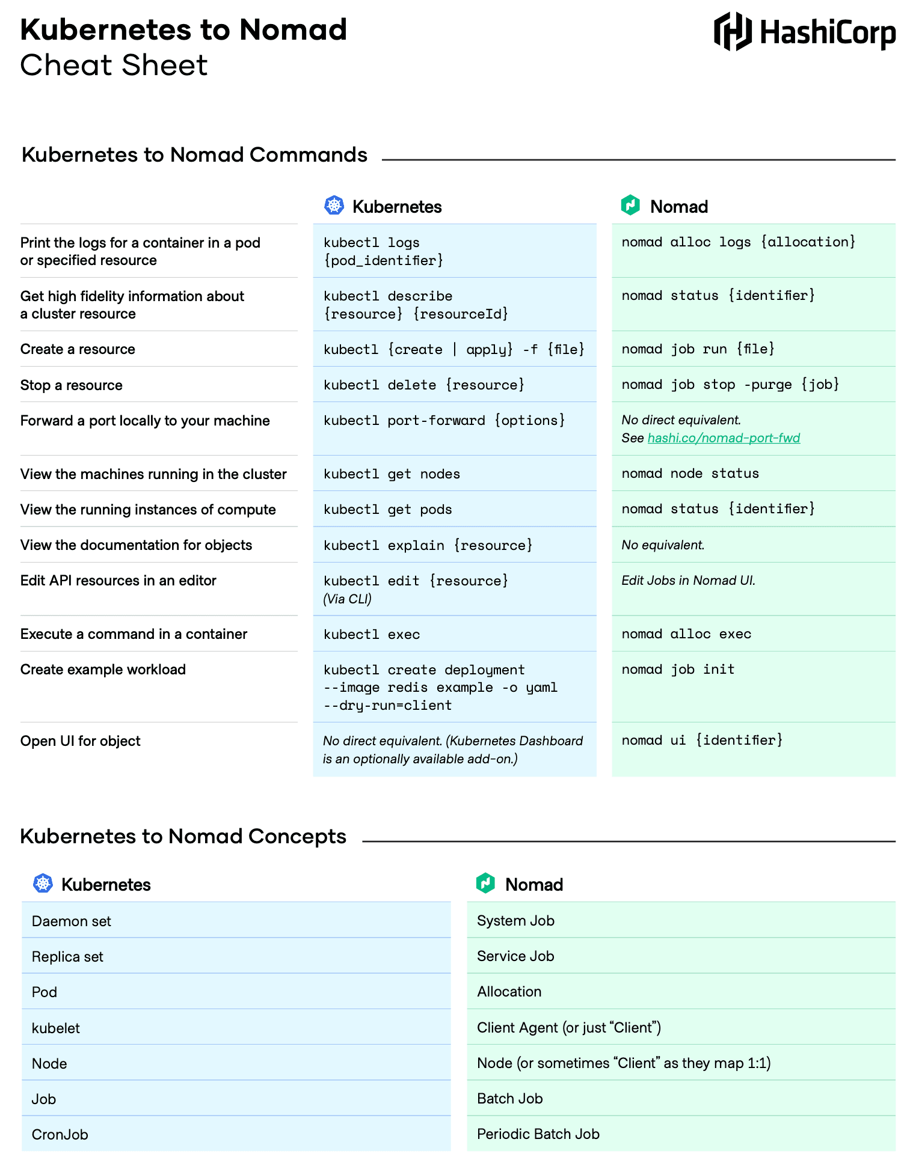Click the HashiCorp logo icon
tap(732, 31)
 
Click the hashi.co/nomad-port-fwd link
tap(724, 438)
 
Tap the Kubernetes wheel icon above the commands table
tap(334, 206)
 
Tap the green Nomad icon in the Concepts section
tap(485, 883)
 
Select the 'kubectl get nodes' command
tap(392, 474)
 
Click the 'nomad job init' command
tap(678, 670)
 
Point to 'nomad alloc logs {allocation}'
tap(738, 242)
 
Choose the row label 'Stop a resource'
tap(72, 385)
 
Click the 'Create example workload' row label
tap(103, 670)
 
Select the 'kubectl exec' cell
tap(372, 635)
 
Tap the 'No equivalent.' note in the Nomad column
tap(663, 545)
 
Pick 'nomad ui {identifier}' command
tap(702, 740)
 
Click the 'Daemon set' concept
tap(72, 921)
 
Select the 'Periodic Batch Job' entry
tap(538, 1134)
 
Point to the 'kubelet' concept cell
tap(56, 1028)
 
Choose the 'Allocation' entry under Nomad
tap(509, 992)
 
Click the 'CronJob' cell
tap(60, 1135)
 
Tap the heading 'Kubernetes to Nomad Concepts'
tap(183, 837)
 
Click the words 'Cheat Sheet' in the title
tap(114, 65)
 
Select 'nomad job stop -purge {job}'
tap(730, 385)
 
